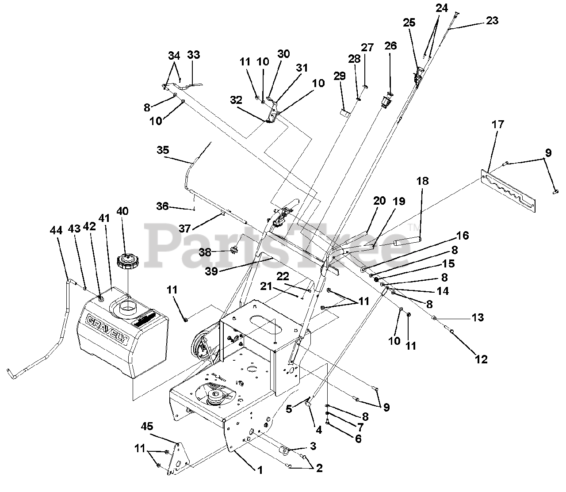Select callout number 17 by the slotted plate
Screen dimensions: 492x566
[x=497, y=125]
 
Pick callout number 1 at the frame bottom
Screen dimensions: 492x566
[x=260, y=470]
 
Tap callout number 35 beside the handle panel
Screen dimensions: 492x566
[x=163, y=150]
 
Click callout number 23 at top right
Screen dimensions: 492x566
[x=492, y=20]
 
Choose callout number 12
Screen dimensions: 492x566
[x=481, y=359]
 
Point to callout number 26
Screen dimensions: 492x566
[x=390, y=46]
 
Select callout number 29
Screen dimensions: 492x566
[x=340, y=76]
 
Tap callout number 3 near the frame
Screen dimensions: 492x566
[x=313, y=446]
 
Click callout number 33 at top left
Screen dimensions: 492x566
[x=193, y=55]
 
